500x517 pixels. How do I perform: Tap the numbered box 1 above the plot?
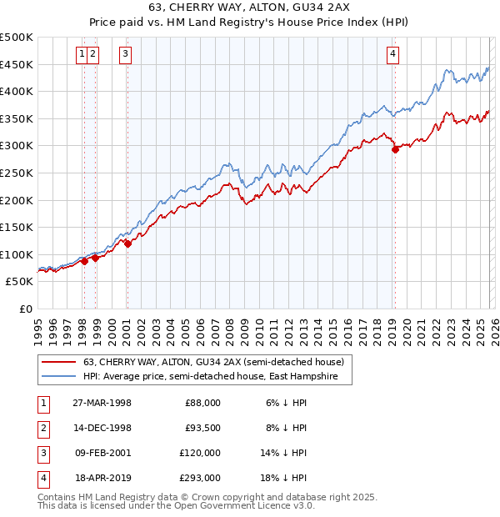pos(82,55)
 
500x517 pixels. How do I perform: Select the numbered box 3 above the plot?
pos(125,55)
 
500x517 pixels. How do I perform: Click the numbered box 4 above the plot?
pos(392,55)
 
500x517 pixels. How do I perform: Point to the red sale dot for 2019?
pos(395,150)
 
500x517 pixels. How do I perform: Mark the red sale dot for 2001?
pos(127,243)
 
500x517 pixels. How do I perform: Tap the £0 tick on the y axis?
pos(25,309)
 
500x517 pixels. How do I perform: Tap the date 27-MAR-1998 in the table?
pos(102,403)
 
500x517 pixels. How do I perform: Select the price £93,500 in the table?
pos(202,428)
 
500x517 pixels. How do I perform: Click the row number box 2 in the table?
pos(42,428)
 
